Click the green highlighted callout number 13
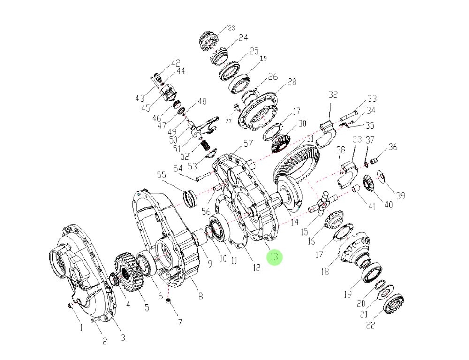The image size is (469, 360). coord(274,257)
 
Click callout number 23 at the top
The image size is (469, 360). coord(231,28)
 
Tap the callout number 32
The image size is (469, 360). coord(333,94)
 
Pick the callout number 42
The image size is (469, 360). coord(175,63)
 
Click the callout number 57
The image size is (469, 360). coord(248,143)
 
